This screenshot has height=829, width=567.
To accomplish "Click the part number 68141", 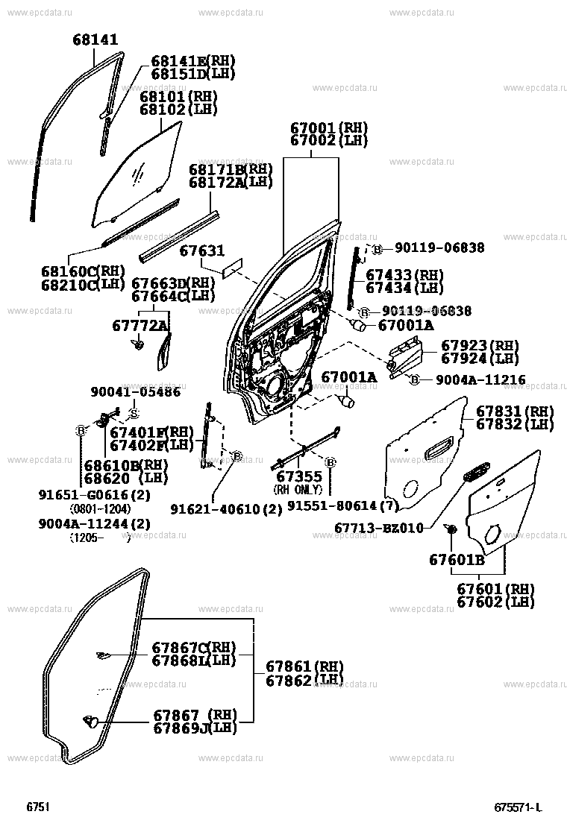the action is point(95,40).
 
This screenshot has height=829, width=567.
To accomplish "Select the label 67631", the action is point(201,250).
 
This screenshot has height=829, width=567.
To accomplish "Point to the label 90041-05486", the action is point(135,392).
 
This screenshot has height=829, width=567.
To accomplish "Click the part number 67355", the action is point(299,477).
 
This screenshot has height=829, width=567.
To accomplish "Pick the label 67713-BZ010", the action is point(379,528).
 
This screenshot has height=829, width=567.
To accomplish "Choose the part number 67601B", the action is point(457,559).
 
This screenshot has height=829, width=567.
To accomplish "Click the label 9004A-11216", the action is point(480,379).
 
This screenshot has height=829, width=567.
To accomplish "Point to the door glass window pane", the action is point(137,174).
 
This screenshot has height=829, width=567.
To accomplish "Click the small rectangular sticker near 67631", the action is point(232,268).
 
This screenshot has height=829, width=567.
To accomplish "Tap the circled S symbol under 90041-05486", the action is point(134,414).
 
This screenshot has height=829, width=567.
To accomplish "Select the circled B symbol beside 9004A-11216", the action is point(415,379).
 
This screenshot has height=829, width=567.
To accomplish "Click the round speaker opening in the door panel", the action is point(275,385).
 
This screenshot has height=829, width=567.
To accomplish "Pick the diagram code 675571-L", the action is point(519,807).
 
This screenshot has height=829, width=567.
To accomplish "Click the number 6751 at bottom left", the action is point(38,807).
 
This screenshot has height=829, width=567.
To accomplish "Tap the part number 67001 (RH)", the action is point(329,128).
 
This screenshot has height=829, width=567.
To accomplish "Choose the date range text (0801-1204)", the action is point(101,509).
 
